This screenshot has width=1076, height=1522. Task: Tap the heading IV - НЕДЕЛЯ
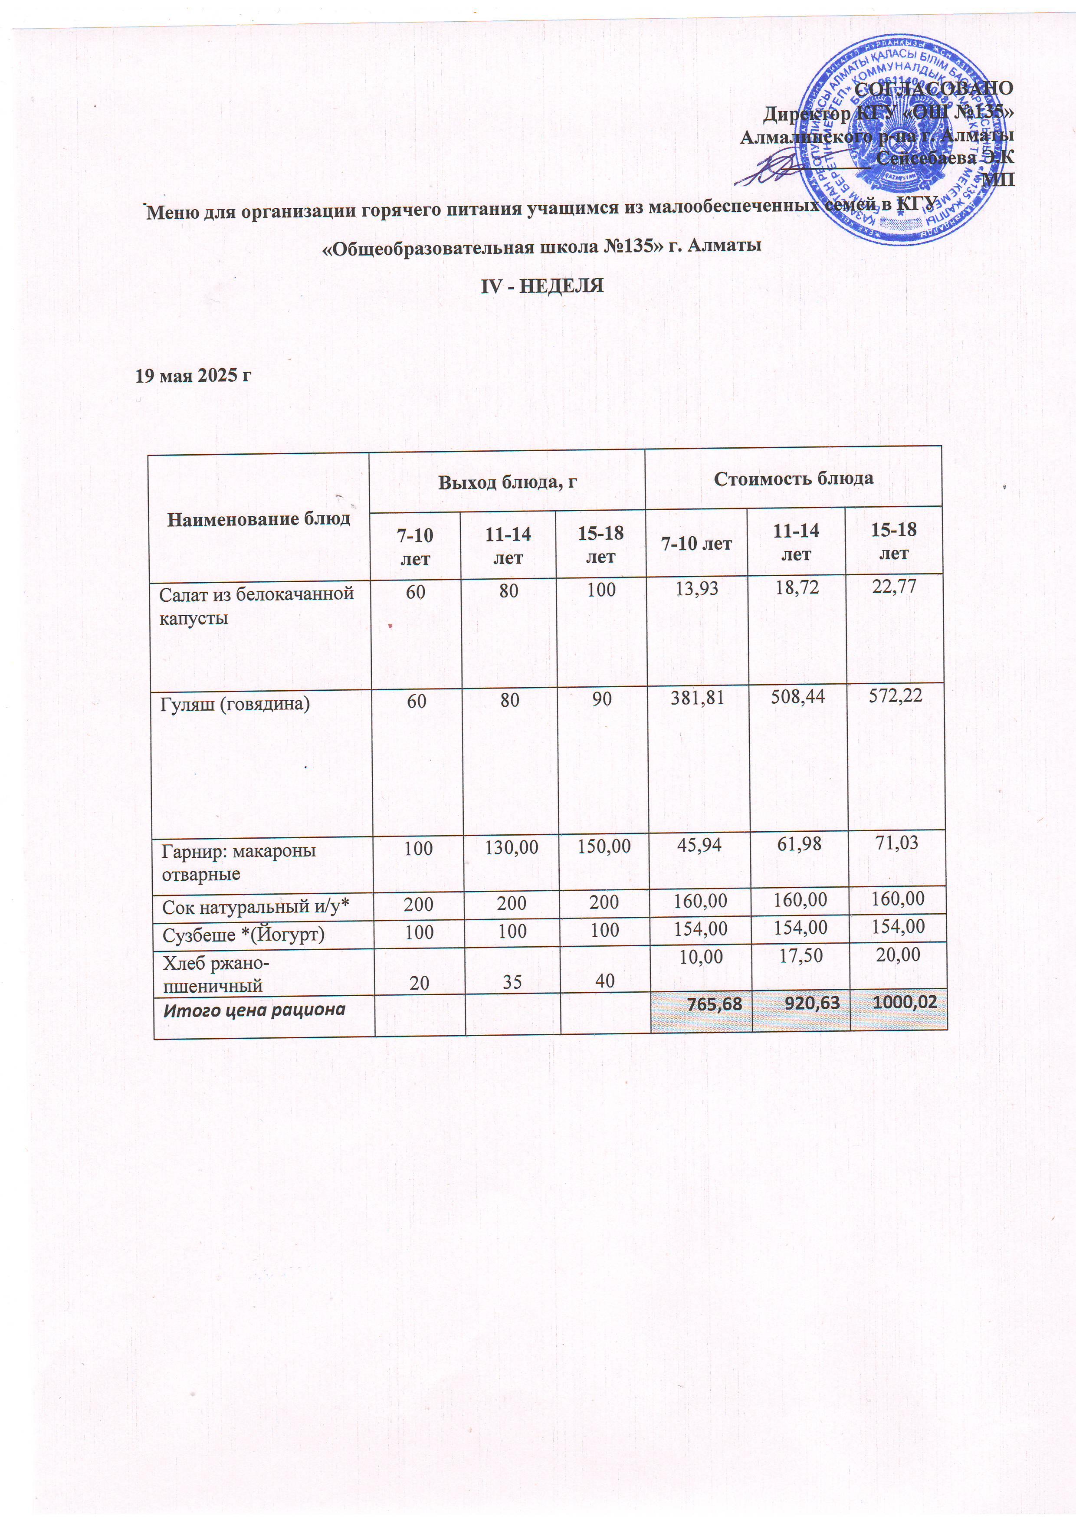(x=541, y=286)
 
